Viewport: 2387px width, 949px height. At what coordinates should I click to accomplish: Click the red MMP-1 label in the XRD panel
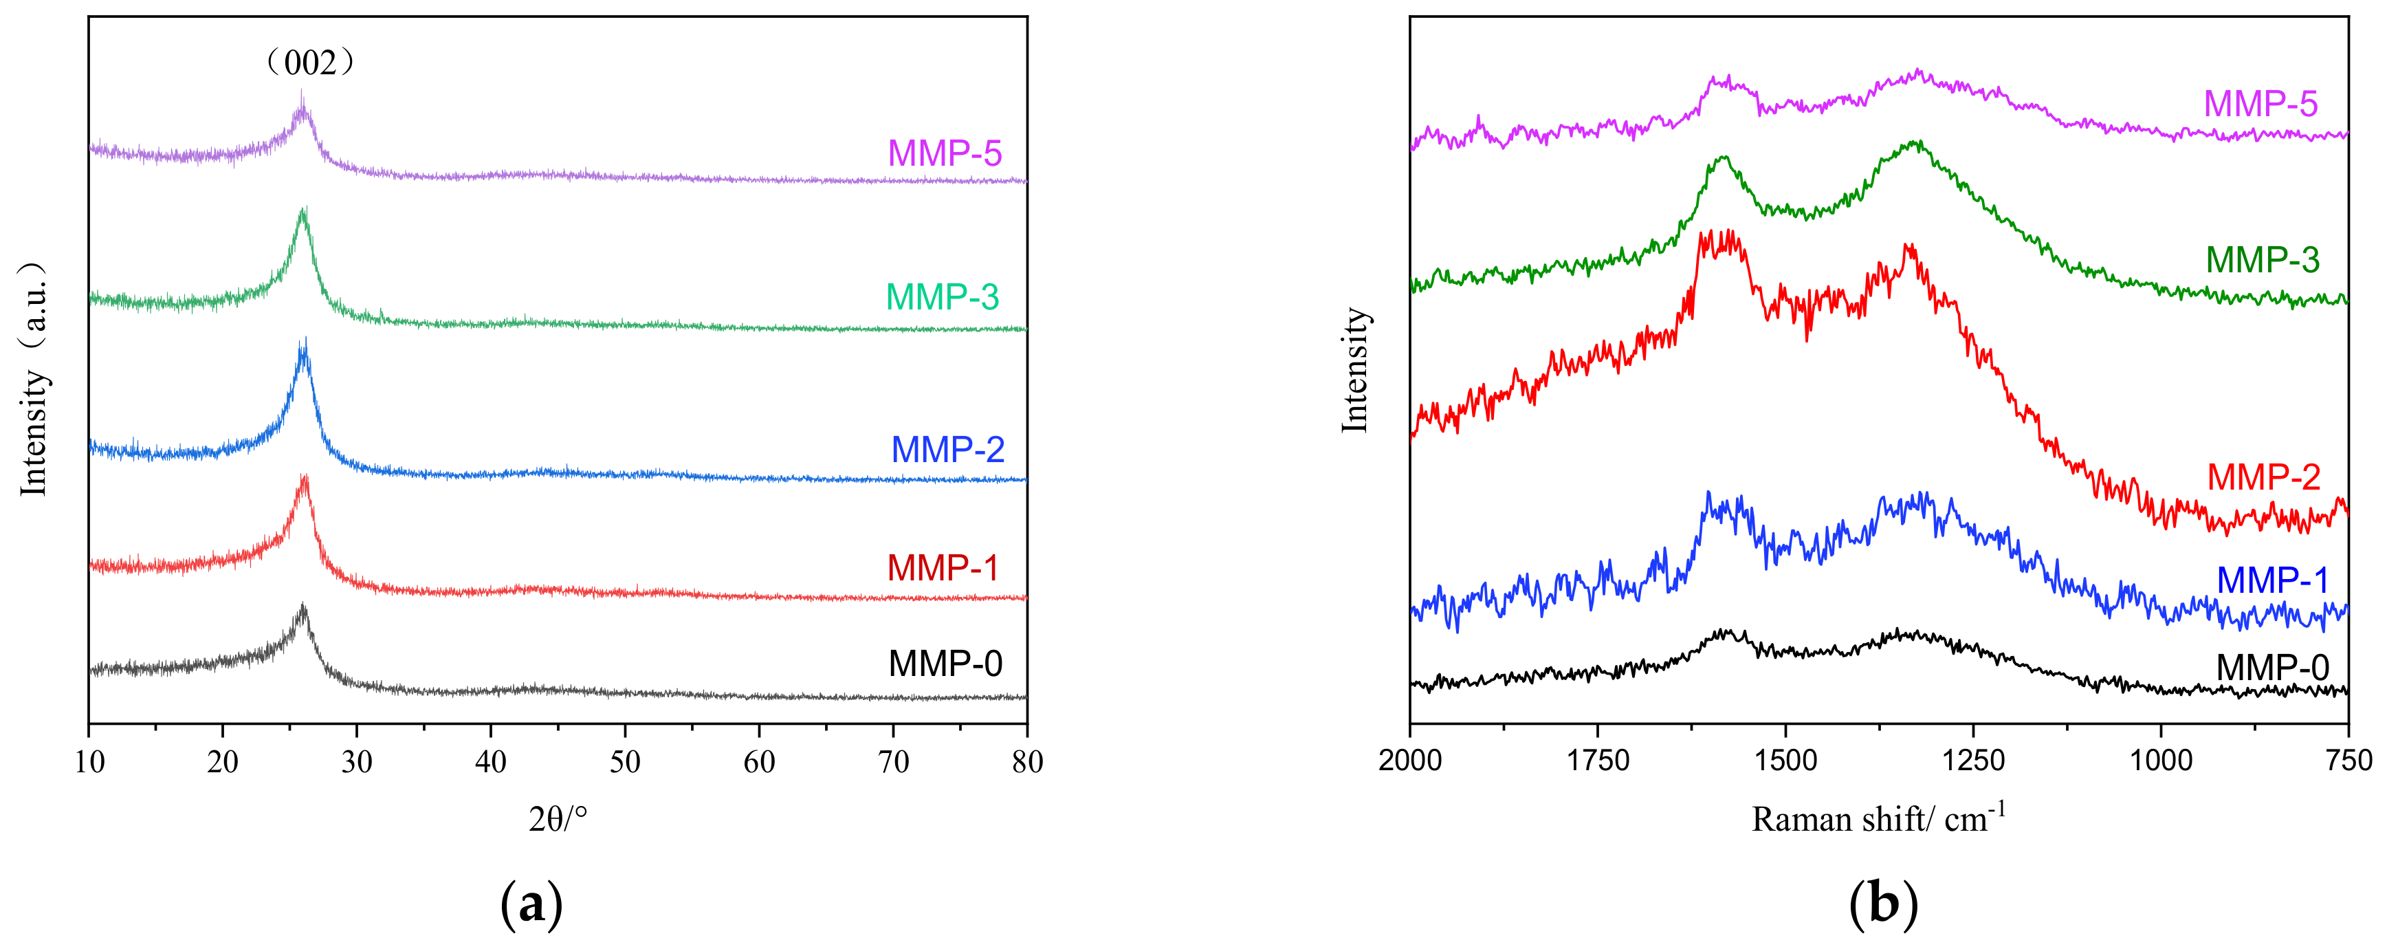[943, 568]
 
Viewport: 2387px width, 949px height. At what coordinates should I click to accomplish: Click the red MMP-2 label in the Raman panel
[2263, 477]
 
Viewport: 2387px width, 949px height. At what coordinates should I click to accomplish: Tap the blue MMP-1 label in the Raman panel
[2272, 580]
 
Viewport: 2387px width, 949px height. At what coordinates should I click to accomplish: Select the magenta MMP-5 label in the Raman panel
[2260, 104]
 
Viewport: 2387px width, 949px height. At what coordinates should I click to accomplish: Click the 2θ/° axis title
[558, 819]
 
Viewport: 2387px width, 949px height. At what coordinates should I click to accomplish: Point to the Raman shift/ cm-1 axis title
[1878, 818]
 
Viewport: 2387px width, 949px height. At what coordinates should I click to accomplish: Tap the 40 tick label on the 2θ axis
[490, 763]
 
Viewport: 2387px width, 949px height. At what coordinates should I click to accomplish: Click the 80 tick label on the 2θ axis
[1026, 763]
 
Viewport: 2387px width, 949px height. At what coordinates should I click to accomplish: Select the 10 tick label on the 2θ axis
[89, 763]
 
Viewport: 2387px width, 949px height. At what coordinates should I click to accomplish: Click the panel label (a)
[531, 903]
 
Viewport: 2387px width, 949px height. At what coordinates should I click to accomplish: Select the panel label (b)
[1882, 903]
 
